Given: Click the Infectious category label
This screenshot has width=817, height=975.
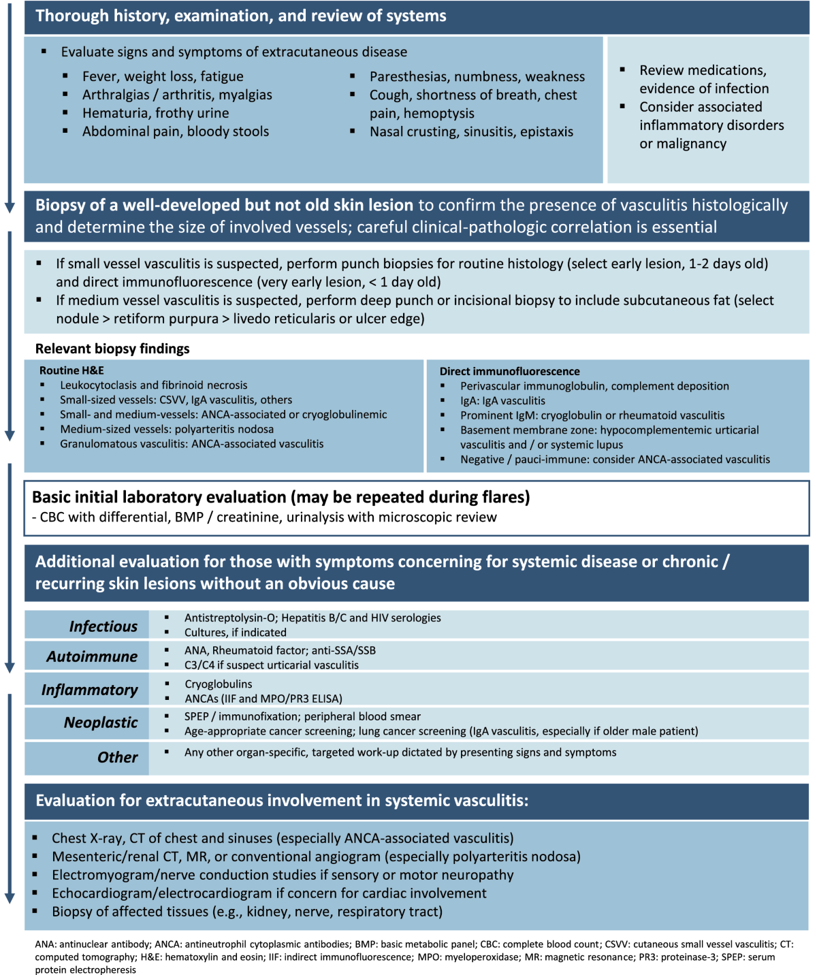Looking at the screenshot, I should (x=103, y=626).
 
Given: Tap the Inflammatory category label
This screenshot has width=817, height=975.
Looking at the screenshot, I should (x=89, y=690).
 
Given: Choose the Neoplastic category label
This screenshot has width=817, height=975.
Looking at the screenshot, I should (x=100, y=722).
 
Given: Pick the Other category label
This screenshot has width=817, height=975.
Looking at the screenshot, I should (x=117, y=757).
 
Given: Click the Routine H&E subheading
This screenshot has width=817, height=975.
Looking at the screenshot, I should (x=71, y=370).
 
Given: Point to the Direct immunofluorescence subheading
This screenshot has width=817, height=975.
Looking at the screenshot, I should (x=509, y=371).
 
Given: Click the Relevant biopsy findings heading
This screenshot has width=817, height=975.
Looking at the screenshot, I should (x=112, y=349).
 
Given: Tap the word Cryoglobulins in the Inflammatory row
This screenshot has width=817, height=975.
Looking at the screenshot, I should (x=218, y=684).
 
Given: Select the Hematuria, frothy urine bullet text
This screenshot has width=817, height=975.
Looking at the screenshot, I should (x=155, y=113).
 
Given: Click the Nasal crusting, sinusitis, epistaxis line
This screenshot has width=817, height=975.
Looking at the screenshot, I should (x=471, y=131).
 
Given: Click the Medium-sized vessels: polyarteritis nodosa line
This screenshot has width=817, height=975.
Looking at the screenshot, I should (x=167, y=429).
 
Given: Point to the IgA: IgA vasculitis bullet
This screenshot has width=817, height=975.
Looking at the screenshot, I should (x=502, y=400).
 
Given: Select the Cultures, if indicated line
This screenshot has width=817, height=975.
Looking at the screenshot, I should (x=235, y=632).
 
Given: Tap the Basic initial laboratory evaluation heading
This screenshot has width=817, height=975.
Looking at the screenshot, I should (x=281, y=497).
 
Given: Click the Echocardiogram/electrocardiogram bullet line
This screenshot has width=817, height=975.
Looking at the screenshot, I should (x=269, y=893).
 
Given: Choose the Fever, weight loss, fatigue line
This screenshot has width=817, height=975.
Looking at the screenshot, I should (x=163, y=76).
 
